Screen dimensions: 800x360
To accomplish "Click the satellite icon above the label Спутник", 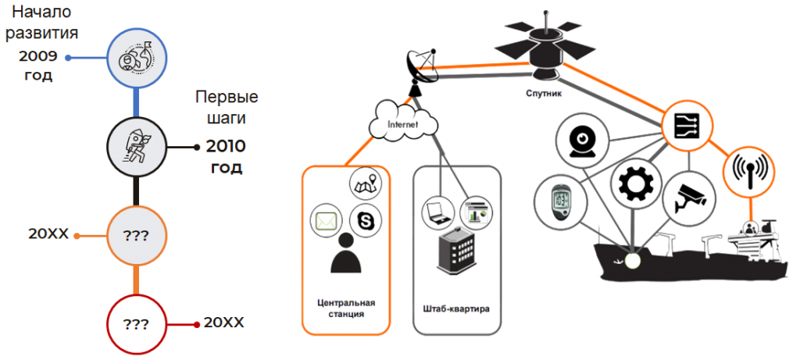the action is point(545,46).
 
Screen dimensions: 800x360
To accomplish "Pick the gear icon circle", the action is point(633,184).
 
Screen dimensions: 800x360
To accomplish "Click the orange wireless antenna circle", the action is point(750,172).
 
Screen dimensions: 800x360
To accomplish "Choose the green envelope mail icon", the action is point(327,222).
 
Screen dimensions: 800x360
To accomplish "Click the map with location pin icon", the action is point(366,184).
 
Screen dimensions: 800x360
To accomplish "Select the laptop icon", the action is point(437,211).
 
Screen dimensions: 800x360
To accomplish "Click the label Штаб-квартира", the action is point(456,309).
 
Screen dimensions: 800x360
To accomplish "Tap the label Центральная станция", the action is point(346,308).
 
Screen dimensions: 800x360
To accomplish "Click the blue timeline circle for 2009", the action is point(136,58).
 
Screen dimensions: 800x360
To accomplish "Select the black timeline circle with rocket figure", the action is point(136,148).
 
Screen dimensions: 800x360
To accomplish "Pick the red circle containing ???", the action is point(136,324).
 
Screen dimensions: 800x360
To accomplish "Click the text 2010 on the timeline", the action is point(226,147).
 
